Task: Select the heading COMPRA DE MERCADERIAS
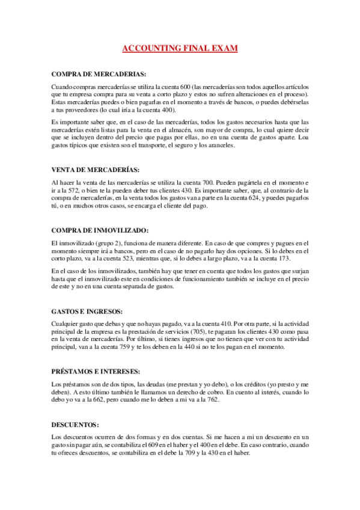click(x=99, y=74)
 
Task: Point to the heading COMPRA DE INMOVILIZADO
click(x=99, y=230)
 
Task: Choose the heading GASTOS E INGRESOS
click(x=88, y=311)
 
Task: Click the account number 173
click(x=270, y=258)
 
